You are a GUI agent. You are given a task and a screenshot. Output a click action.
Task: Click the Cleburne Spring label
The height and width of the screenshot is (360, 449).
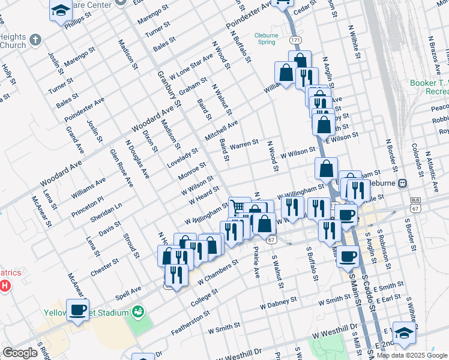pyautogui.click(x=265, y=38)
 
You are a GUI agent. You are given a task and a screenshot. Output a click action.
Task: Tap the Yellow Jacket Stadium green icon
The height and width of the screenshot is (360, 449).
pyautogui.click(x=138, y=312)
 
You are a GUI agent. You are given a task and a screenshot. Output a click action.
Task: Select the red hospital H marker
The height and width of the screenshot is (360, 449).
pyautogui.click(x=5, y=284)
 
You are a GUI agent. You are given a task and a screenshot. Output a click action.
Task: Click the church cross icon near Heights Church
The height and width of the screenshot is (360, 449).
pyautogui.click(x=35, y=41)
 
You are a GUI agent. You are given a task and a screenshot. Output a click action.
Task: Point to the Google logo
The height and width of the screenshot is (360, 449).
pyautogui.click(x=20, y=353)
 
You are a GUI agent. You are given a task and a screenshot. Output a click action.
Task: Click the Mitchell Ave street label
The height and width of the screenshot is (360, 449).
pyautogui.click(x=221, y=128)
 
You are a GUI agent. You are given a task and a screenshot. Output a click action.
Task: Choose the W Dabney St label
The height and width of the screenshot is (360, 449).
pyautogui.click(x=279, y=303)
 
